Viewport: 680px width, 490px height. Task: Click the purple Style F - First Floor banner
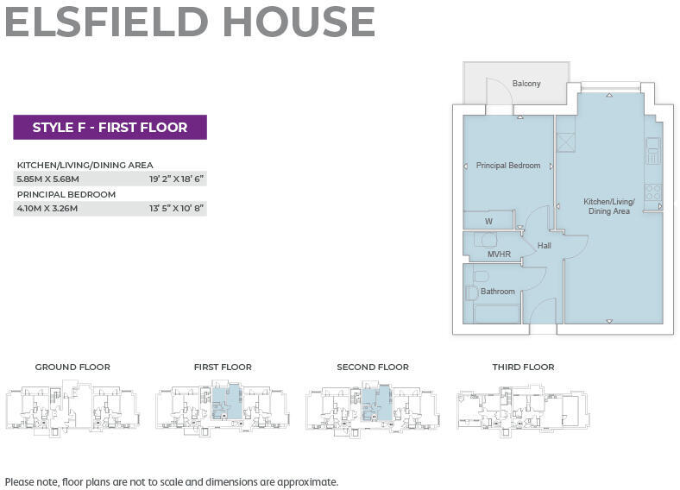110,128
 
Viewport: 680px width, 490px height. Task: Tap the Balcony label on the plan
526,84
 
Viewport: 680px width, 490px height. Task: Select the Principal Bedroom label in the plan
508,166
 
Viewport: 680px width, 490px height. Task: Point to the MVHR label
499,254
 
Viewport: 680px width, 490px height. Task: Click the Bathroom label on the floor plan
498,292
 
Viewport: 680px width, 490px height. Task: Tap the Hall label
544,246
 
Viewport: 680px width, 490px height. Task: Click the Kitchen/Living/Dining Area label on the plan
609,206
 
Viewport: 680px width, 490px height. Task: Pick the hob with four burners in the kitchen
653,192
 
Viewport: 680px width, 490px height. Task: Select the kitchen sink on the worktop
653,151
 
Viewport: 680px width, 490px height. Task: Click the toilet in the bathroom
482,276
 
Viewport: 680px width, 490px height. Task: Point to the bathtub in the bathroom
497,313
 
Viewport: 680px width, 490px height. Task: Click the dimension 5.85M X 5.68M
47,179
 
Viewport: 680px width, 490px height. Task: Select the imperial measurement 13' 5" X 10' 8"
176,209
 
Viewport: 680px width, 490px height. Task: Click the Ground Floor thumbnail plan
72,406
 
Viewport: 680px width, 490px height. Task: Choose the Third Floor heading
523,367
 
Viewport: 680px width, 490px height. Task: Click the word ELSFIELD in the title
117,22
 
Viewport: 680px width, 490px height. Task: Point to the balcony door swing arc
499,91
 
